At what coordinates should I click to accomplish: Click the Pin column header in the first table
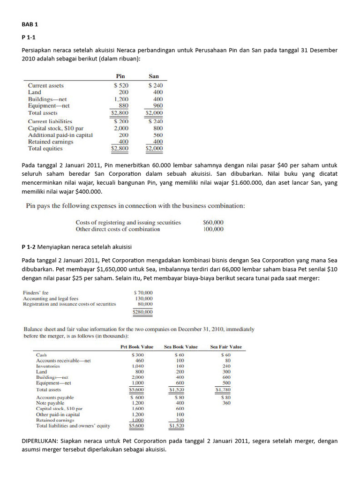[x=120, y=76]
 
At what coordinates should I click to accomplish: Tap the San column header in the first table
[x=154, y=76]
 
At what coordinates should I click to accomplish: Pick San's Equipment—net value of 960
[x=157, y=106]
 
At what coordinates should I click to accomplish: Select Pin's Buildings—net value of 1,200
[x=121, y=99]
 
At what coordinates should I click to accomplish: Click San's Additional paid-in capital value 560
[x=157, y=135]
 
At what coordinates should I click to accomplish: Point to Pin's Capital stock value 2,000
[x=121, y=128]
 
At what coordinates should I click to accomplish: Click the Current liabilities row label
[x=50, y=121]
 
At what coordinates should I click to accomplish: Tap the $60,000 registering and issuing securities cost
[x=213, y=223]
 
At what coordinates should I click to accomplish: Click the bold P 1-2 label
[x=30, y=247]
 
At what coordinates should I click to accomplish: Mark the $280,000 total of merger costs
[x=143, y=311]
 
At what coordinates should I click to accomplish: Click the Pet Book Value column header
[x=137, y=347]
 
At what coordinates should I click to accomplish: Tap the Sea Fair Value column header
[x=226, y=347]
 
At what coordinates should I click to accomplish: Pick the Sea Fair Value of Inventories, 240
[x=226, y=366]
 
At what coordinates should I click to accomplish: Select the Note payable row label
[x=50, y=403]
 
